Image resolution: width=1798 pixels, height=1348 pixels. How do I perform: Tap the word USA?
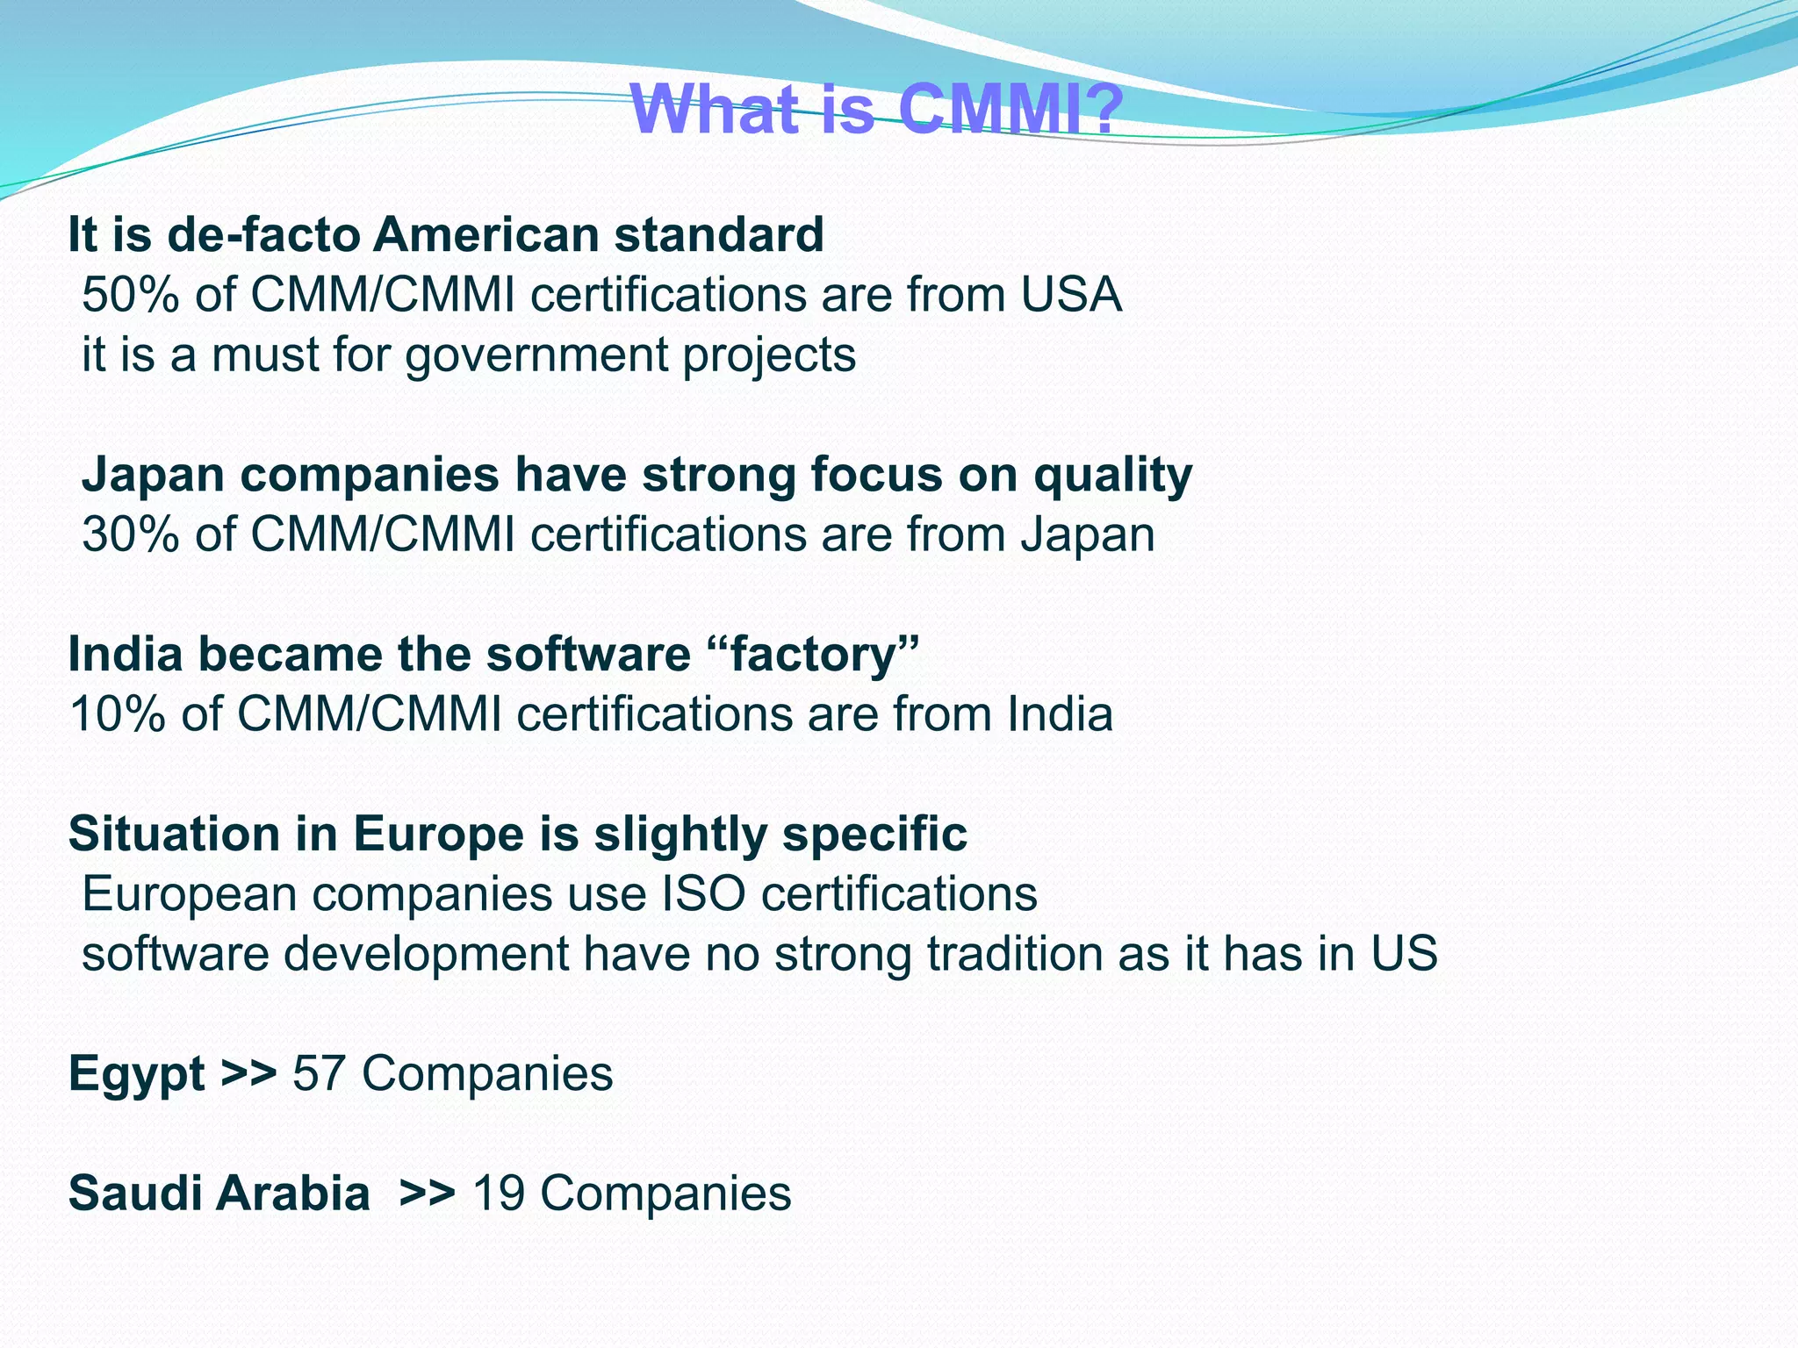tap(1070, 295)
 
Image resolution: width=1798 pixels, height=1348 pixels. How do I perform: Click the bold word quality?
tap(1112, 476)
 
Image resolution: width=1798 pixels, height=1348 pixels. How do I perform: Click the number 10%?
tap(116, 714)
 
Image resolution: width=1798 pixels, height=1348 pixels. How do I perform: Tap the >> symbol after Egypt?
tap(248, 1073)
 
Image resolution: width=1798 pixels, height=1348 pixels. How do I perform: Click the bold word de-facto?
tap(263, 235)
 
